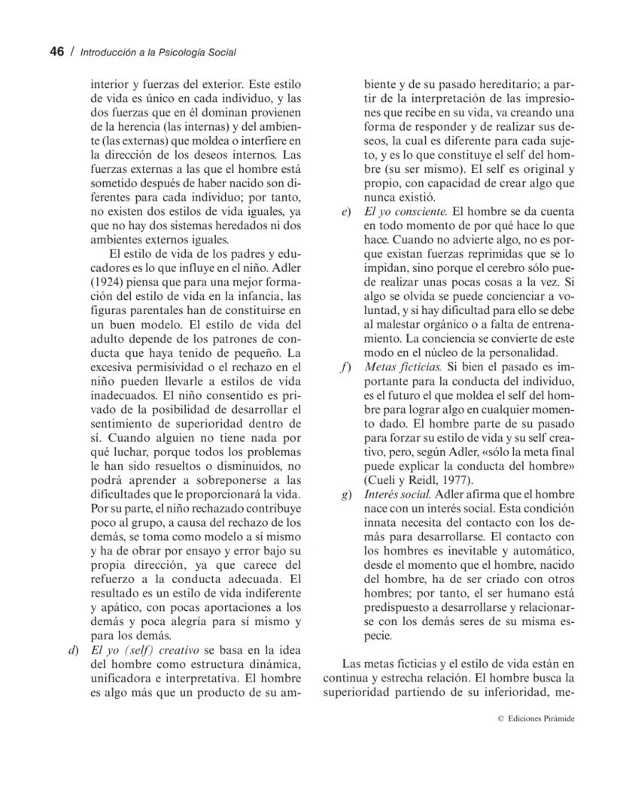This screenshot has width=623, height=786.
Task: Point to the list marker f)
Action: point(346,367)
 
